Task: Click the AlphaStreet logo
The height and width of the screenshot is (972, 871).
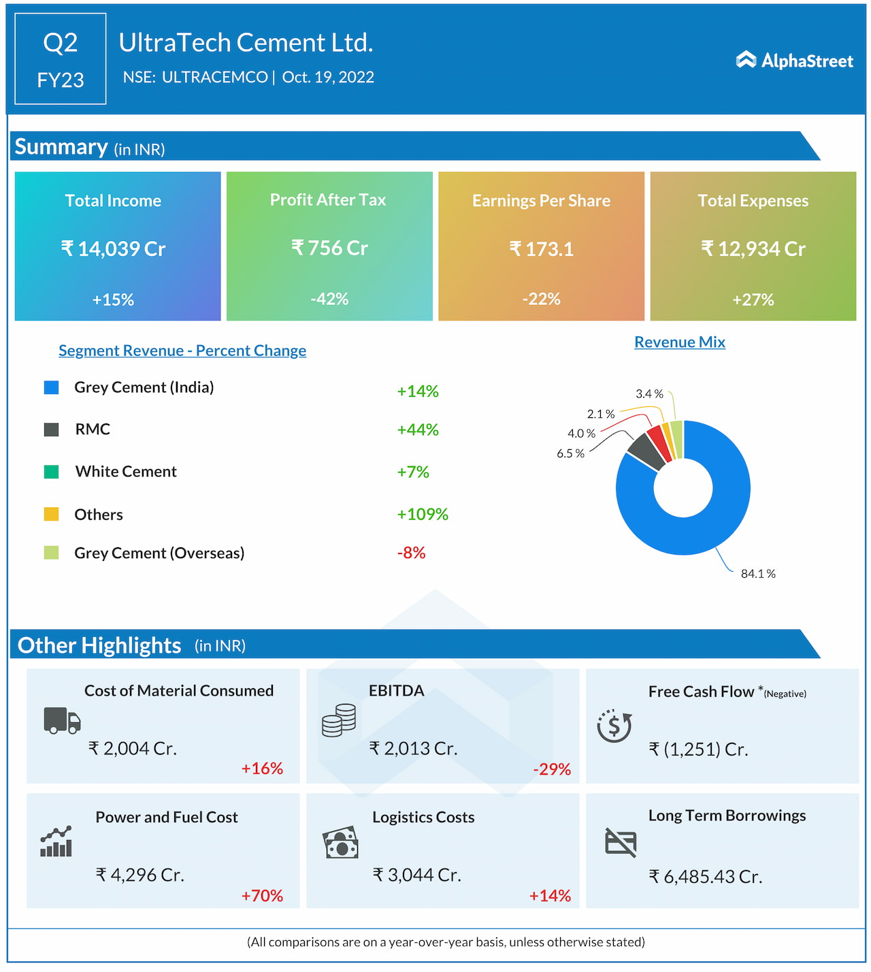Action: (794, 61)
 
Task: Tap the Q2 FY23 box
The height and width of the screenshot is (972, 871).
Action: (61, 59)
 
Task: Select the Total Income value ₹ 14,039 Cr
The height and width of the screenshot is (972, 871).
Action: (114, 249)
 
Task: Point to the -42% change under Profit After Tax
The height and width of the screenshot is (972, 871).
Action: (329, 299)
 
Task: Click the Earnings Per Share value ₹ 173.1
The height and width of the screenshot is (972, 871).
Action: (542, 249)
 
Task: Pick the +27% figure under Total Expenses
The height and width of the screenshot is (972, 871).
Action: (753, 299)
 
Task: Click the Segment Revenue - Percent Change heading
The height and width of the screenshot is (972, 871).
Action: (182, 351)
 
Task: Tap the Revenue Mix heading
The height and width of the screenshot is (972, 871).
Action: (680, 342)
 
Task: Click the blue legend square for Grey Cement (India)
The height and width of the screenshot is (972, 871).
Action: (51, 387)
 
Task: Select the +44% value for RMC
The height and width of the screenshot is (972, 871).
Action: (418, 430)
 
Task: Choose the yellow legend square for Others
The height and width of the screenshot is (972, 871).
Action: (51, 514)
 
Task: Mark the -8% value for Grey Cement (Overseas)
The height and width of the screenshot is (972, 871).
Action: (411, 553)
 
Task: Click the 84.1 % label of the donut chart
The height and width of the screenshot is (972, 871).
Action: (758, 574)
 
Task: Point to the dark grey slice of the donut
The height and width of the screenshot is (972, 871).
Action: (646, 451)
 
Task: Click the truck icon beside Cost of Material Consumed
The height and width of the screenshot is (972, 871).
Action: (62, 720)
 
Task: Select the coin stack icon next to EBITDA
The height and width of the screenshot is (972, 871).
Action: (339, 720)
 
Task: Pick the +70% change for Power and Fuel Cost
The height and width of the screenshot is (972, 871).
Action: (262, 896)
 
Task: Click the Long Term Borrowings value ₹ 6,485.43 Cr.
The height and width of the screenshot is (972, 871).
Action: (705, 877)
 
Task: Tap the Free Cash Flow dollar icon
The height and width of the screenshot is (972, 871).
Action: (614, 726)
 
